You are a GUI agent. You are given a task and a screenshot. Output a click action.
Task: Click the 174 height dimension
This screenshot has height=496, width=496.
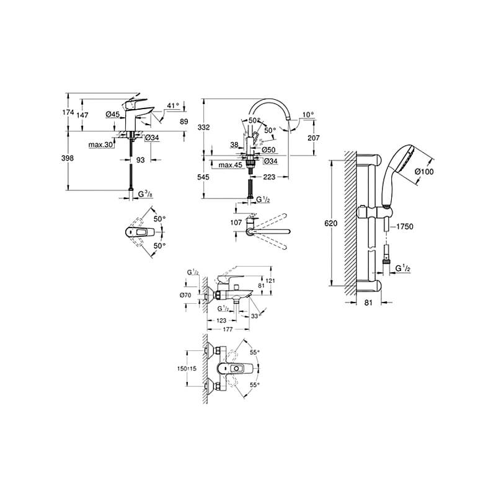(x=69, y=112)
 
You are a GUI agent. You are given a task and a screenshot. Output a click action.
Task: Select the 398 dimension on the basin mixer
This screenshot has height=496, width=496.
(x=69, y=158)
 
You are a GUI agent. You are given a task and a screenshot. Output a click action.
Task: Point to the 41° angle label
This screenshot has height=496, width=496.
(x=173, y=106)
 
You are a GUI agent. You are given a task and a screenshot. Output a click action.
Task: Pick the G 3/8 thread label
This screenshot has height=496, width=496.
(x=145, y=195)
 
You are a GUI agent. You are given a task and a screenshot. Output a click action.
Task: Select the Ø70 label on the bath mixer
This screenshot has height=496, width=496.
(x=185, y=295)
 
